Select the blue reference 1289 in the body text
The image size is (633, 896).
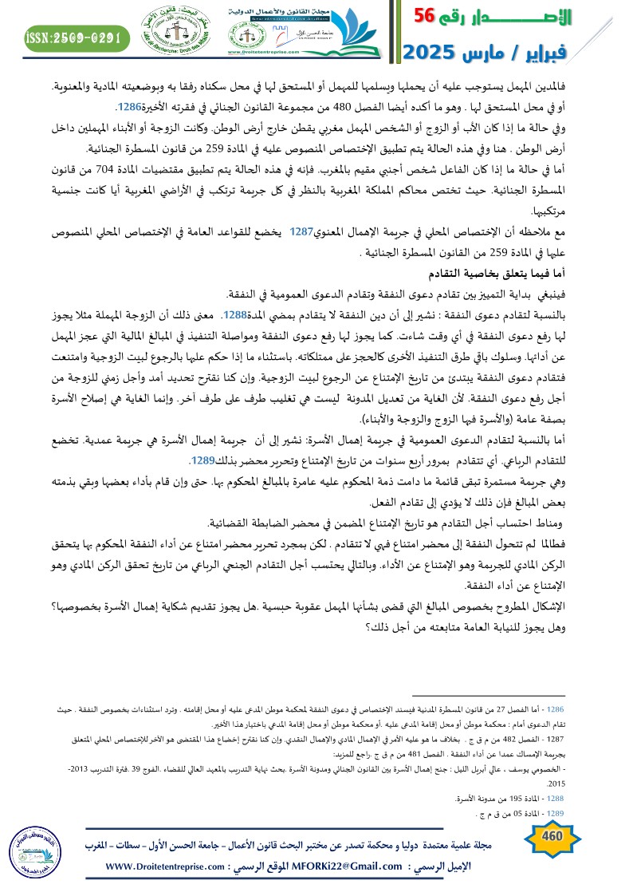(202, 461)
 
